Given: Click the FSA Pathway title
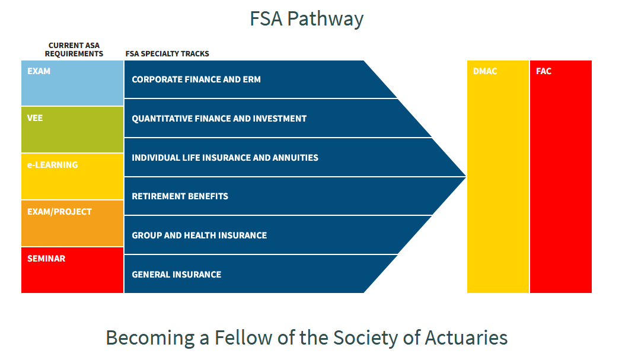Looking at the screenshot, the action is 306,18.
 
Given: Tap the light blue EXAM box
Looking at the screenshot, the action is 72,83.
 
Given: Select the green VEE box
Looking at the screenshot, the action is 72,130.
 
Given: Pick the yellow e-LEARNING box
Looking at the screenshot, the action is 72,177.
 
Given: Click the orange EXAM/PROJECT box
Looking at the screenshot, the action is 72,224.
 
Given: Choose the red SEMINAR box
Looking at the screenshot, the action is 72,270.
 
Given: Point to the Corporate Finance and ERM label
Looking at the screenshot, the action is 196,79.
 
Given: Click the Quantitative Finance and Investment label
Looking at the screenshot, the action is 219,119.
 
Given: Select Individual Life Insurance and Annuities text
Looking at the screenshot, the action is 225,158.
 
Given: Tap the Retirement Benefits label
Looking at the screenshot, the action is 180,196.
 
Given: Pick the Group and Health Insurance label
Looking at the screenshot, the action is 199,235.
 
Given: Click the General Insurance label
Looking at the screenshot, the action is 177,275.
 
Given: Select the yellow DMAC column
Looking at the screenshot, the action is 498,177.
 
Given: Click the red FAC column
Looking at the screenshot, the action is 561,177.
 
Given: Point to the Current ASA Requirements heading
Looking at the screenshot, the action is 74,50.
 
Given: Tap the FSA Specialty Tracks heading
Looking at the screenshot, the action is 167,53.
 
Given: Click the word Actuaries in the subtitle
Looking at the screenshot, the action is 466,338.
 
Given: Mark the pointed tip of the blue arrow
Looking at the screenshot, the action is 465,177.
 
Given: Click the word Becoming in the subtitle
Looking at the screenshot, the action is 151,339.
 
